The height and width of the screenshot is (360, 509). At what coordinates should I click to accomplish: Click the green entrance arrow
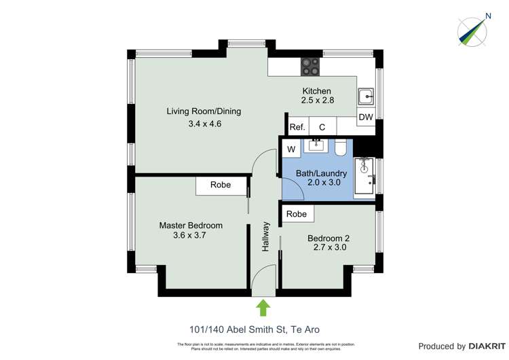[x=263, y=308]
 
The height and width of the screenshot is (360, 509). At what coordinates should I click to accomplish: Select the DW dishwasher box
[x=366, y=118]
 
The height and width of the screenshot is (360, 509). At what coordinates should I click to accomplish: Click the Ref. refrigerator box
[x=297, y=127]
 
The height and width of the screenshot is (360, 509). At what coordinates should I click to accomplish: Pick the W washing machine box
[x=290, y=149]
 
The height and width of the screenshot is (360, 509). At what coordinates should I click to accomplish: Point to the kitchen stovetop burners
[x=311, y=65]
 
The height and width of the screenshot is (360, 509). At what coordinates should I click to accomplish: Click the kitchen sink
[x=366, y=95]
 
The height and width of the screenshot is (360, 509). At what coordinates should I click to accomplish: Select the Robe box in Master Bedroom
[x=220, y=185]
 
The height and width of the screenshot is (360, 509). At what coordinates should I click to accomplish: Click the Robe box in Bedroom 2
[x=296, y=214]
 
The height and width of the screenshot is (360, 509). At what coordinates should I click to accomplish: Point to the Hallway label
[x=266, y=238]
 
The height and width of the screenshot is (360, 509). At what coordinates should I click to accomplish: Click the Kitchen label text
[x=316, y=91]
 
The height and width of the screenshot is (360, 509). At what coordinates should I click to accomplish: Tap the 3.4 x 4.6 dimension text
[x=204, y=124]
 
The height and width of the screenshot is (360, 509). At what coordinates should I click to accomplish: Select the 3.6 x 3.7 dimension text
[x=190, y=236]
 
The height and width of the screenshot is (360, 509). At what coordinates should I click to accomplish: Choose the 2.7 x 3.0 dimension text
[x=328, y=248]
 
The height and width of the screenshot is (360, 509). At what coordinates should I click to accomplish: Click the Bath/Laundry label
[x=318, y=173]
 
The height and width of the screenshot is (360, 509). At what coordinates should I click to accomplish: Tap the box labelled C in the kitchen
[x=322, y=127]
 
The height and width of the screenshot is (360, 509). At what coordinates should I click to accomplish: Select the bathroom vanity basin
[x=316, y=145]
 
